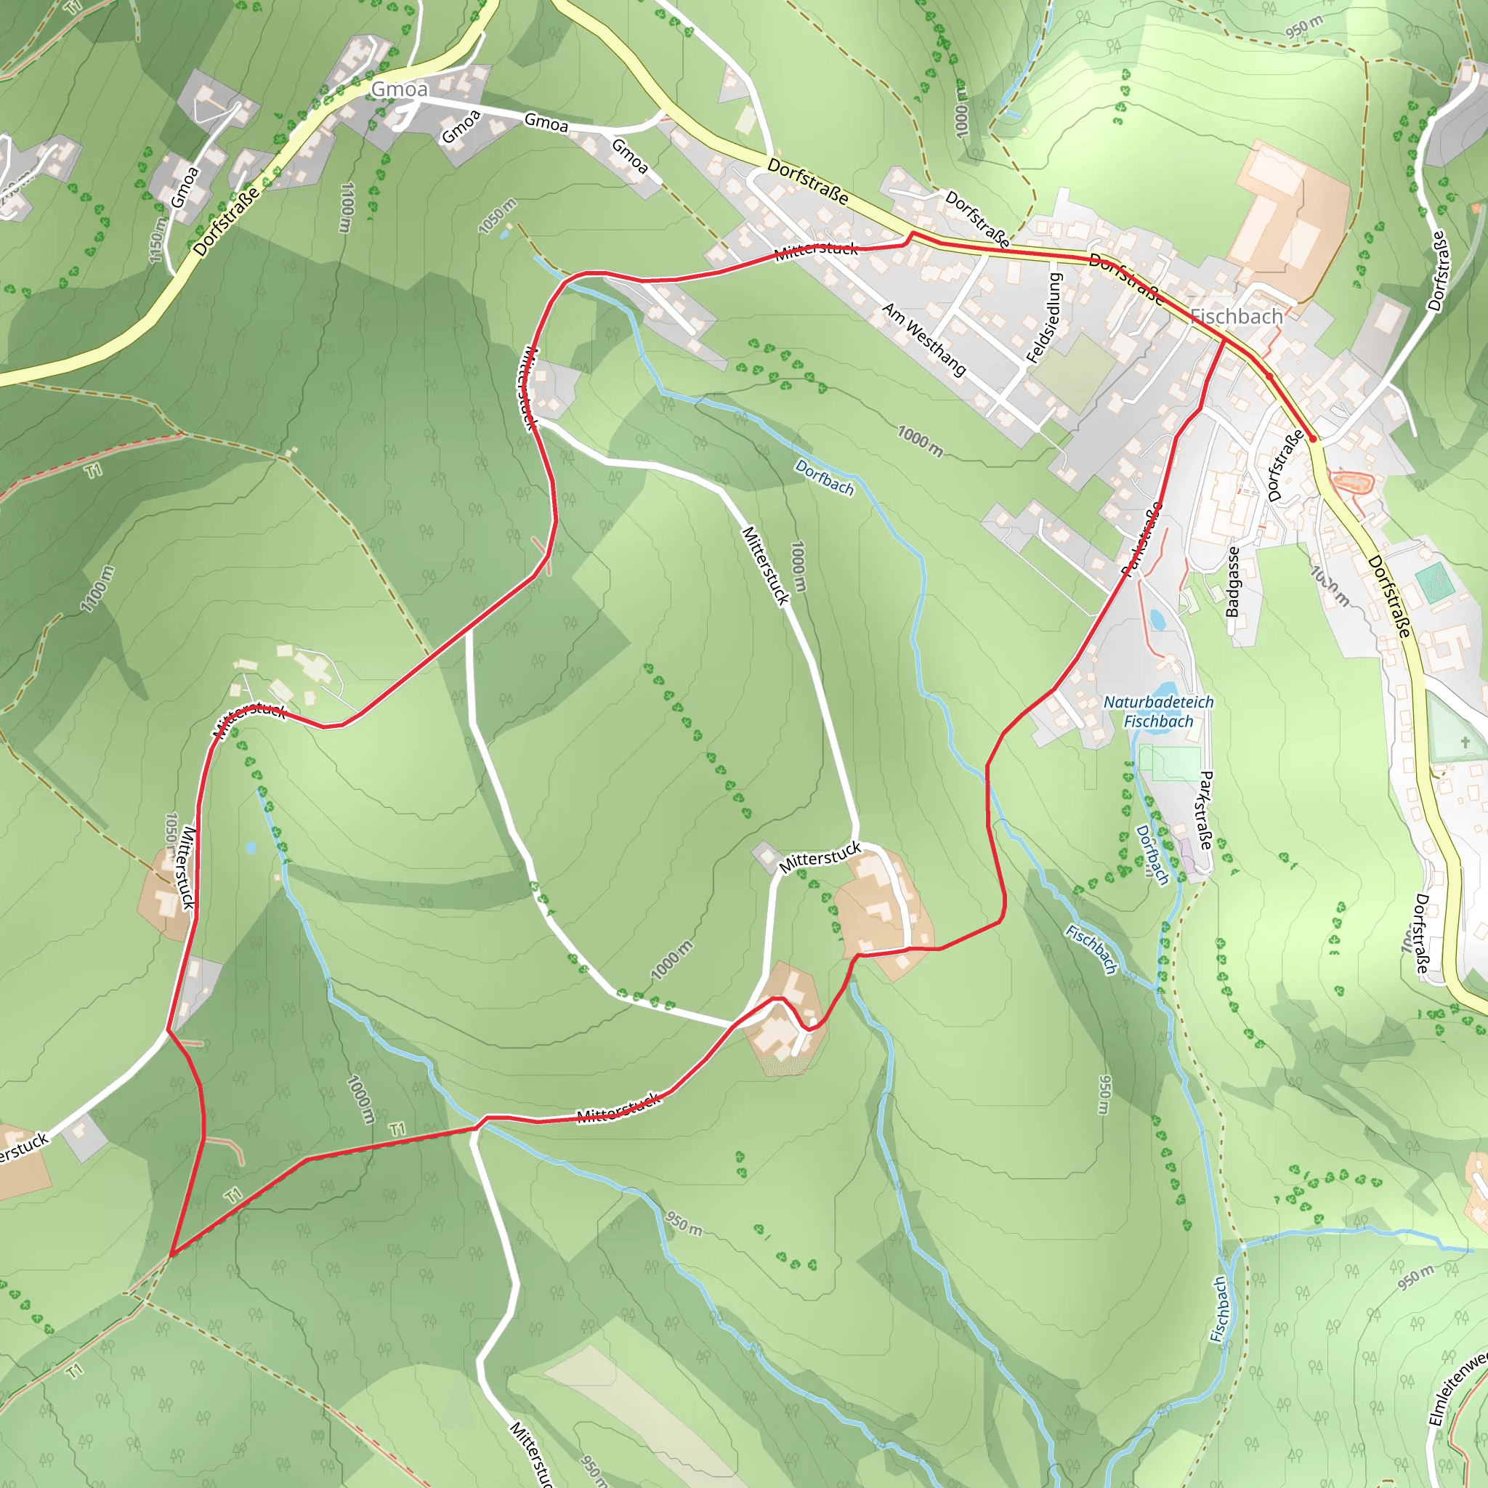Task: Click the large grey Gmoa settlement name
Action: tap(399, 89)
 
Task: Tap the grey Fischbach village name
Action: tap(1236, 317)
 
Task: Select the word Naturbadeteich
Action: tap(1158, 703)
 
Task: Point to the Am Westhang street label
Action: tap(924, 339)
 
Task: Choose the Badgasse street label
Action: tap(1233, 581)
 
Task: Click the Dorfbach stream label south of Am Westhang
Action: tap(824, 477)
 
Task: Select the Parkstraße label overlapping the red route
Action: tap(1141, 539)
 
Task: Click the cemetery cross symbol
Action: tap(1465, 742)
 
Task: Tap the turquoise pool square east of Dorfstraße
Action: tap(1434, 583)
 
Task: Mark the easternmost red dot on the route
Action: tap(1312, 439)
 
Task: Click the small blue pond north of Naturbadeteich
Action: tap(1157, 618)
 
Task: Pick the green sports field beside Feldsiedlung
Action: tap(1075, 373)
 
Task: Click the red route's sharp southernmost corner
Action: tap(171, 1254)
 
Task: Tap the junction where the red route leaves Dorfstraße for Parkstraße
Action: tap(1224, 338)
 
